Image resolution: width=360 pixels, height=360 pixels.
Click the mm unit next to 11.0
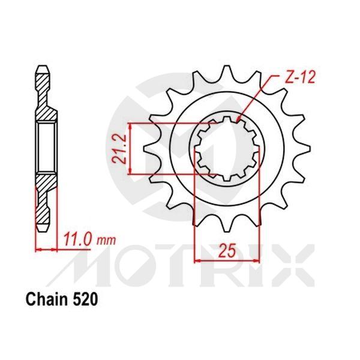[106, 241]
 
